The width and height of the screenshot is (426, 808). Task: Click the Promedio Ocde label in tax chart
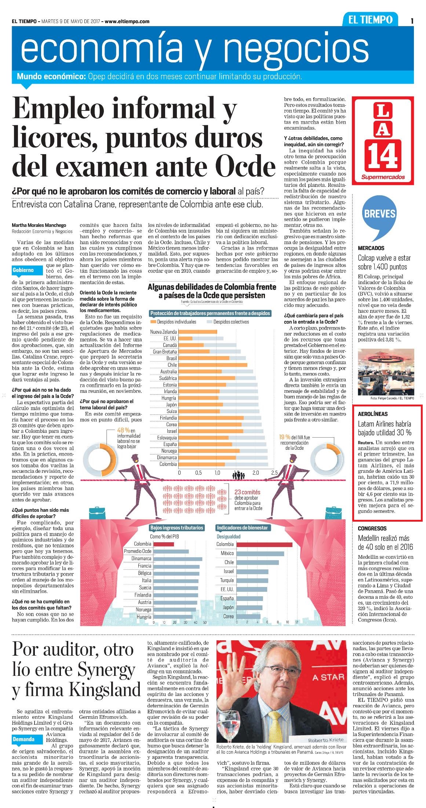pos(138,551)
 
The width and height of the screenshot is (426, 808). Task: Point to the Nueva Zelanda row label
pos(164,332)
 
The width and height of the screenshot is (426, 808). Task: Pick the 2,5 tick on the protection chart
pos(274,472)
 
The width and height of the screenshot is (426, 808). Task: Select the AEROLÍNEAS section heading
pos(373,414)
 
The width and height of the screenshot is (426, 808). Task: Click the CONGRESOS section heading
pos(372,528)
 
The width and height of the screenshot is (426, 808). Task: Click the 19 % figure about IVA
pos(284,437)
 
